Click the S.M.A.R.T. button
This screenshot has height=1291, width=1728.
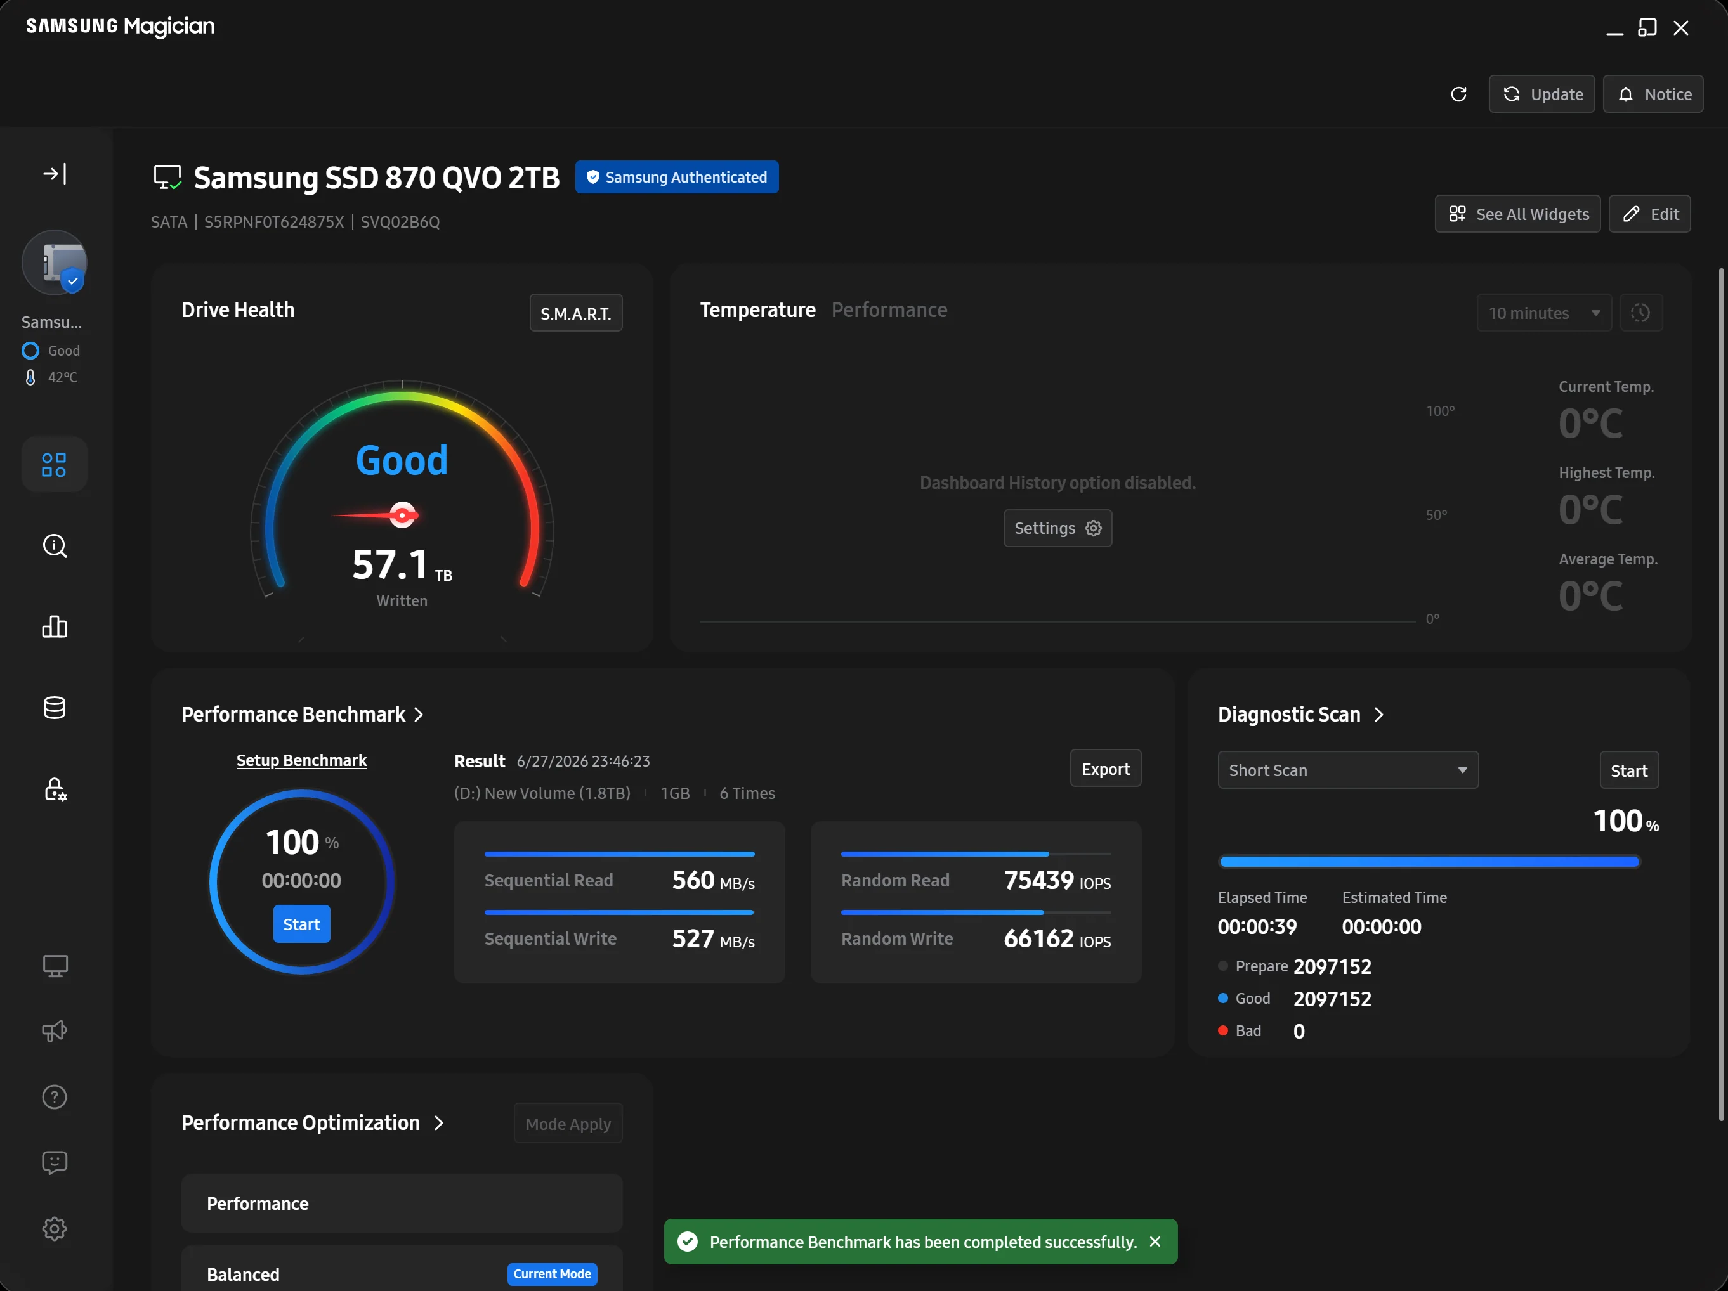(x=576, y=313)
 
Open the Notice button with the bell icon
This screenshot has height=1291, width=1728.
(x=1653, y=94)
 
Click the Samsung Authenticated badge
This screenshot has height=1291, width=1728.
(x=676, y=178)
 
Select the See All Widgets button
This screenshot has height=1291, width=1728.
(x=1517, y=214)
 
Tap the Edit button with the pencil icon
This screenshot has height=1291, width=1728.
(x=1650, y=214)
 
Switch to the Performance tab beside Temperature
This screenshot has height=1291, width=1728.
(x=889, y=310)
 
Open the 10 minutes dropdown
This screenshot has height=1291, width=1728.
(x=1543, y=313)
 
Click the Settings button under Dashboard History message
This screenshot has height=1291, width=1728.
(x=1057, y=529)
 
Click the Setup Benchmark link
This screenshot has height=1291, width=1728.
(x=301, y=761)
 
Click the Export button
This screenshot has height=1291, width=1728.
(x=1106, y=769)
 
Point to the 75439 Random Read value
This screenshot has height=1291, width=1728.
(x=1038, y=880)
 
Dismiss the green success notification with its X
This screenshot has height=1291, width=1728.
(x=1155, y=1242)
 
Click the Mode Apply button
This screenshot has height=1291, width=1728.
(x=568, y=1124)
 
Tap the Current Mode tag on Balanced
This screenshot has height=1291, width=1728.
(x=553, y=1274)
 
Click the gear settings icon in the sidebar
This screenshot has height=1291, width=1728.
(x=55, y=1228)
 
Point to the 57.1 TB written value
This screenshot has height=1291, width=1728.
(x=402, y=566)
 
